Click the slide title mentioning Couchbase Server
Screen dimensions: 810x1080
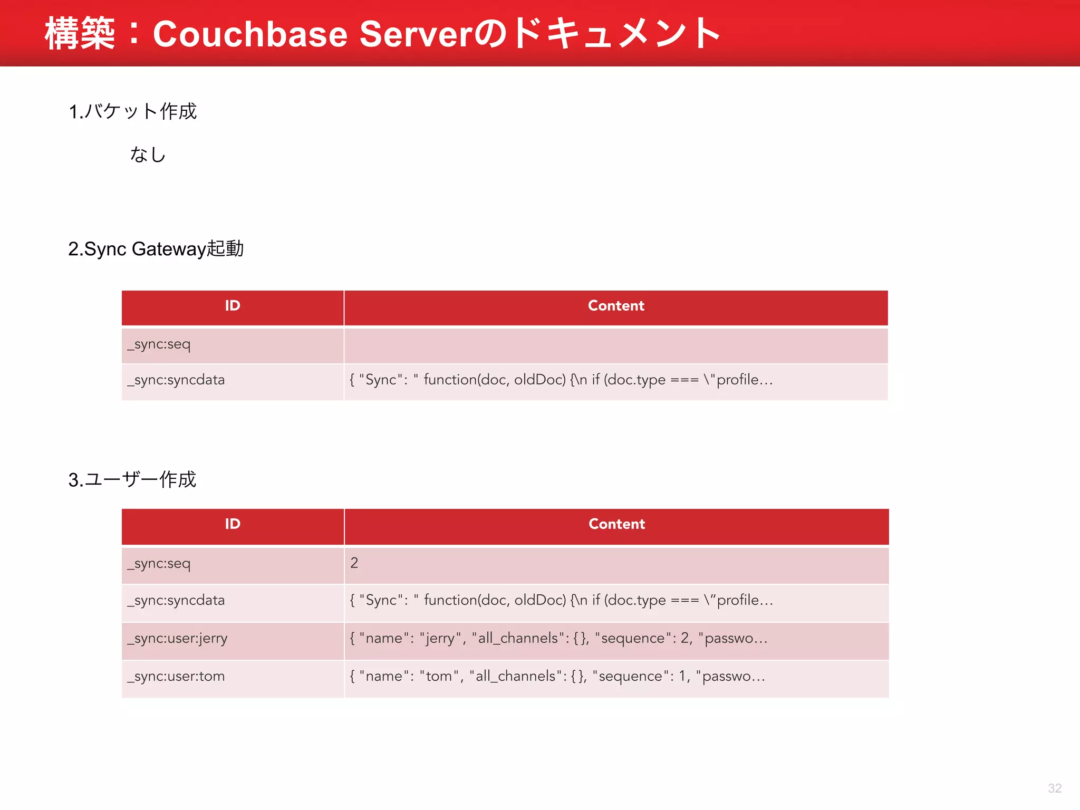[x=382, y=34]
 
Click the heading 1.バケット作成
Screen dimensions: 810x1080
[x=132, y=111]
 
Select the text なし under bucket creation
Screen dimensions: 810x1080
[x=148, y=155]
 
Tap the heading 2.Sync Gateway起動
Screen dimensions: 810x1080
[x=156, y=248]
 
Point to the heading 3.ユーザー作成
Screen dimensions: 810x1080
[x=132, y=479]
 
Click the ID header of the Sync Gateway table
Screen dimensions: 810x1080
[x=233, y=306]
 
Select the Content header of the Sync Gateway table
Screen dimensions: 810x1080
[x=616, y=306]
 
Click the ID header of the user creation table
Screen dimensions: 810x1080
[x=233, y=524]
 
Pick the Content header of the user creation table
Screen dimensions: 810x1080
[x=616, y=524]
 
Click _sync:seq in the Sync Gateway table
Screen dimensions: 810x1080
[x=159, y=344]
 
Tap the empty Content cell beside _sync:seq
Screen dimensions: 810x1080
[x=616, y=345]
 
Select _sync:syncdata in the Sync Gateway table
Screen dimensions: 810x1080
[x=176, y=380]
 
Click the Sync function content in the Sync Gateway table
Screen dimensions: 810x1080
[x=561, y=380]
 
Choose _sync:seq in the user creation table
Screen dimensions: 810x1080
[x=159, y=564]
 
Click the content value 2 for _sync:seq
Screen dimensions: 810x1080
[x=354, y=563]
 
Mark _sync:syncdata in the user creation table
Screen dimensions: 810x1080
[x=176, y=601]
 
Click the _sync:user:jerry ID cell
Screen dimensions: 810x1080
[x=177, y=639]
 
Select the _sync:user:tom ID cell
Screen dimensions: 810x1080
[x=176, y=677]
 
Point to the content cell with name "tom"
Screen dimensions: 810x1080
[x=557, y=677]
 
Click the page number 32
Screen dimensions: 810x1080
[x=1054, y=788]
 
